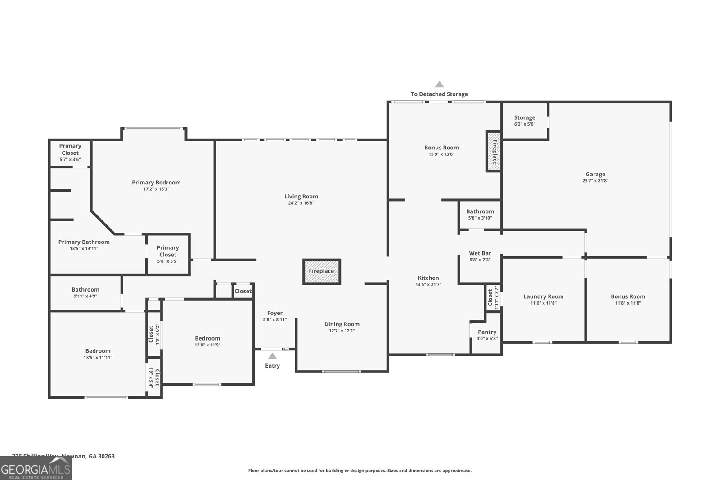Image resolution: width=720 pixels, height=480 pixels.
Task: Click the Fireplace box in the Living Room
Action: pyautogui.click(x=321, y=271)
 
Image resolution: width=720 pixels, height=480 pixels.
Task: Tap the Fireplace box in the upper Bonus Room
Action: pyautogui.click(x=494, y=151)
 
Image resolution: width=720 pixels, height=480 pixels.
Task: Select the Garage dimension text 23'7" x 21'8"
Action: pyautogui.click(x=595, y=181)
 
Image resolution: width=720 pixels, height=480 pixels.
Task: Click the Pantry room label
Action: pyautogui.click(x=487, y=332)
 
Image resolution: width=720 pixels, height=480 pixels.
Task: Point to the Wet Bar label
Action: pyautogui.click(x=480, y=253)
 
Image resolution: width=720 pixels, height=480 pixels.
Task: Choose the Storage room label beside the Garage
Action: pyautogui.click(x=525, y=117)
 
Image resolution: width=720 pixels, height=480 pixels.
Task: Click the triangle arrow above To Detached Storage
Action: pyautogui.click(x=439, y=84)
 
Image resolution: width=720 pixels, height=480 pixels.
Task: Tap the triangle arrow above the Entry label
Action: pyautogui.click(x=273, y=356)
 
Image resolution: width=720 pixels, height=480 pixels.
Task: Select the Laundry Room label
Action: pyautogui.click(x=543, y=296)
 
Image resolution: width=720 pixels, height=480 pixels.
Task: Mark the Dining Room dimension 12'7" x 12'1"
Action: pyautogui.click(x=342, y=331)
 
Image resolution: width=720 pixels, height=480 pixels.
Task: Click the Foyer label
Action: pyautogui.click(x=275, y=313)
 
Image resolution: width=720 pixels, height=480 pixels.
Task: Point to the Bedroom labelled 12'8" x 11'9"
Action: pyautogui.click(x=207, y=338)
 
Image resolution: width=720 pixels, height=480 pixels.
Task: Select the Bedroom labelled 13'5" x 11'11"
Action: pyautogui.click(x=98, y=351)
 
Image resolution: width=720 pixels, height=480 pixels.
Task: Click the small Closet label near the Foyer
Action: pyautogui.click(x=243, y=291)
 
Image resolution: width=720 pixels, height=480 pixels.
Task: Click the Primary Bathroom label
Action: pyautogui.click(x=84, y=242)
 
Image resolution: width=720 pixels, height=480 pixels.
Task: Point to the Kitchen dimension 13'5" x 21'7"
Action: pyautogui.click(x=428, y=284)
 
